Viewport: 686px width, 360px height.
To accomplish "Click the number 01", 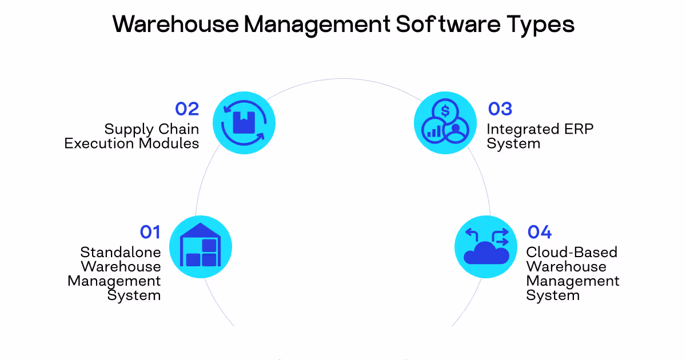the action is coord(150,232).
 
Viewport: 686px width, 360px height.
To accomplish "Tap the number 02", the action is coord(186,109).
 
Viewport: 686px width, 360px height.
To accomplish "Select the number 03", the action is coord(500,109).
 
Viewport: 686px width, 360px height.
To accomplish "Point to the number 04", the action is coord(539,232).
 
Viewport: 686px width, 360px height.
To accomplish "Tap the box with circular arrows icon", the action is coord(244,122).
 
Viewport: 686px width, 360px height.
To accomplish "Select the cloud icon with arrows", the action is coord(486,247).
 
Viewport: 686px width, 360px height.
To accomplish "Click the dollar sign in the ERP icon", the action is coord(445,109).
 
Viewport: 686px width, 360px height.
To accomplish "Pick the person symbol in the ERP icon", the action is coord(456,131).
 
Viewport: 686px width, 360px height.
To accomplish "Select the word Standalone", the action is coord(121,252).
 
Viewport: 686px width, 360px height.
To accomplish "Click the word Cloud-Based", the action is coord(572,252).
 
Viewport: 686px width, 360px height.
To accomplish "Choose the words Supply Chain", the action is coord(151,129).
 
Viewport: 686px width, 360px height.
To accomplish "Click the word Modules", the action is coord(169,143).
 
